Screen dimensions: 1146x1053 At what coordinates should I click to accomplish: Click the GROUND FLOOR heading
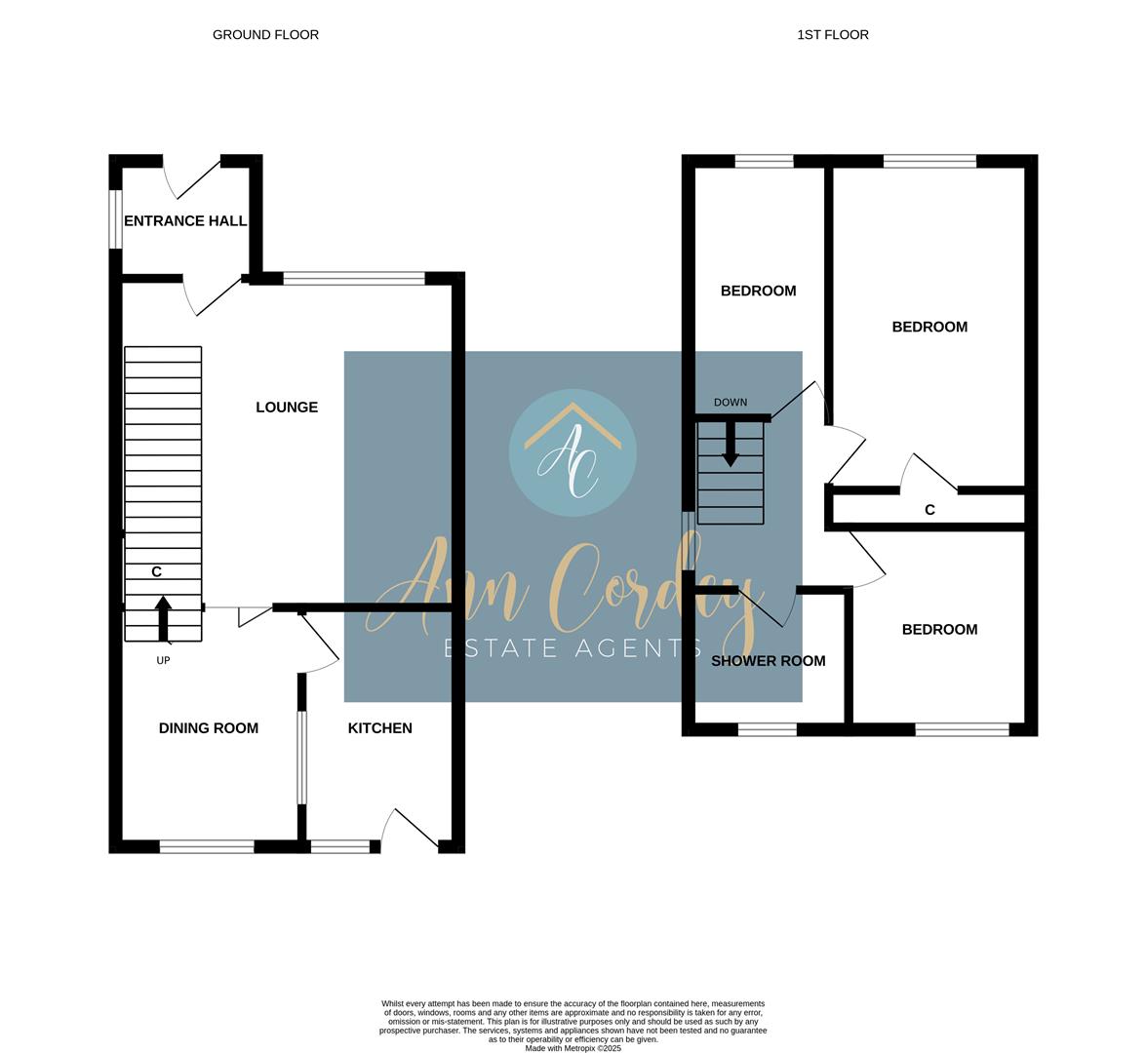point(265,34)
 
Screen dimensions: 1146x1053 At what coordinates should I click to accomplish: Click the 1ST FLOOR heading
point(833,34)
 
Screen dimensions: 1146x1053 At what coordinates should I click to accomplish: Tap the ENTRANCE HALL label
point(185,220)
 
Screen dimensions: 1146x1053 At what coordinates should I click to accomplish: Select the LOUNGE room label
point(287,407)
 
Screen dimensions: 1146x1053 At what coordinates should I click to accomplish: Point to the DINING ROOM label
point(209,727)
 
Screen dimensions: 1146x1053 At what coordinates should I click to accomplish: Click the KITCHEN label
point(380,727)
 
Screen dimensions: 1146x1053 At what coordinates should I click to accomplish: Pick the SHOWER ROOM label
point(769,661)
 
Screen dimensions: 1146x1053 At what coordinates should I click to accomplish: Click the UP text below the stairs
point(163,661)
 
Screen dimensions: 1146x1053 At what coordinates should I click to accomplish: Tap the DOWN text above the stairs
point(731,402)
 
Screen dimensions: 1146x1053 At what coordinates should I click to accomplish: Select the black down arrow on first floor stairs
point(731,445)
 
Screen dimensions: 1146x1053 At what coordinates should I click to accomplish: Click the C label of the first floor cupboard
point(929,509)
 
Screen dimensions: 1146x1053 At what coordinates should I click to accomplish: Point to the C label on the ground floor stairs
point(156,571)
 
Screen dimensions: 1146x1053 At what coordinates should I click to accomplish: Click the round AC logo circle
point(573,453)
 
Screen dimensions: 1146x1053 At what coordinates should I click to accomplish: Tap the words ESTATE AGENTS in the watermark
point(573,648)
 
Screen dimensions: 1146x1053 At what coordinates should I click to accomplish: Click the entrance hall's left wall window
point(115,218)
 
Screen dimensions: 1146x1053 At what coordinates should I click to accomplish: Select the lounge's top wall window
point(354,278)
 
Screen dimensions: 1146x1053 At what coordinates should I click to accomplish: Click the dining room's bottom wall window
point(207,846)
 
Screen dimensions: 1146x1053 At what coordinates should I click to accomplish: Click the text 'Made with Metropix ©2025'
point(573,1048)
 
